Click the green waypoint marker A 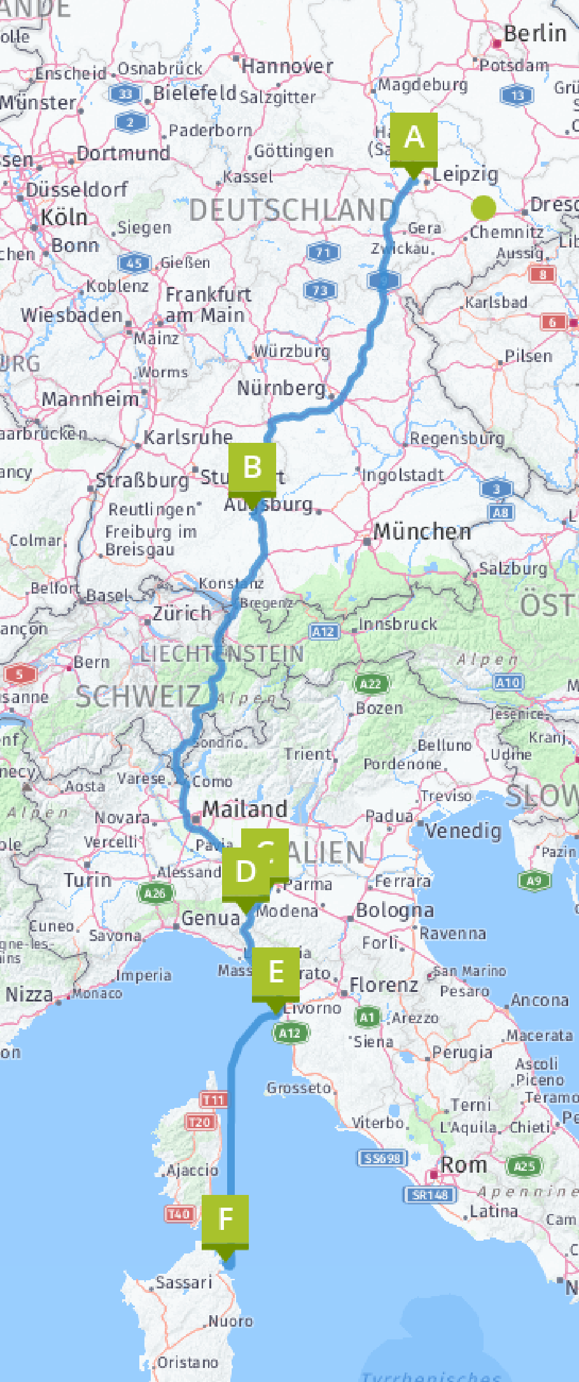[x=414, y=138]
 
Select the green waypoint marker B [x=253, y=468]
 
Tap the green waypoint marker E [x=276, y=972]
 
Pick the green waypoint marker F [x=225, y=1220]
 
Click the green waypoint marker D [x=245, y=872]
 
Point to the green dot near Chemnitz [x=484, y=207]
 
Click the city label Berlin [x=534, y=34]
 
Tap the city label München [x=422, y=531]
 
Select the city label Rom [x=464, y=1165]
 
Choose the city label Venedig [x=463, y=831]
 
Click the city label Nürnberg [x=281, y=387]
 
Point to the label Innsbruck [x=398, y=624]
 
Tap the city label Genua [x=211, y=918]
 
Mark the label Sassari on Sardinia [x=184, y=1282]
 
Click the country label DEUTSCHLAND [x=292, y=210]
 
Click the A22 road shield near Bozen [x=370, y=684]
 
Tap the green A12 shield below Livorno [x=289, y=1033]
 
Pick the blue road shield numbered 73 [x=319, y=290]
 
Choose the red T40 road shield [x=179, y=1213]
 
